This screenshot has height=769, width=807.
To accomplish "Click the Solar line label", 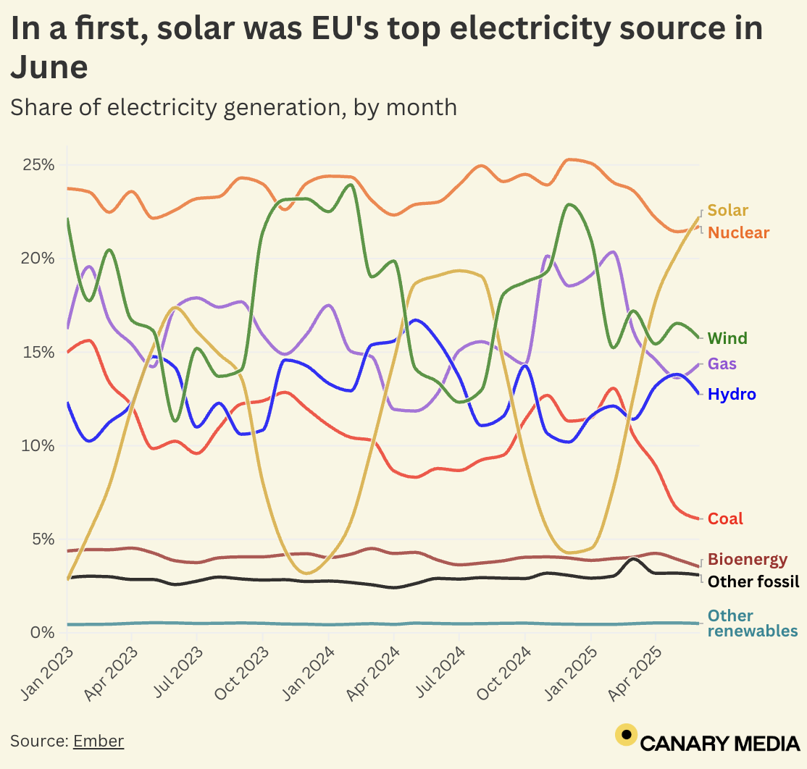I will point(727,211).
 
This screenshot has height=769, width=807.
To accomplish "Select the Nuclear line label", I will point(738,232).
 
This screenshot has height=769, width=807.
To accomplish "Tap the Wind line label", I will point(727,338).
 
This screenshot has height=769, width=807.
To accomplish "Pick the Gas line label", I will point(723,364).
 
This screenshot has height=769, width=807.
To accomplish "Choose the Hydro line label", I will point(732,395).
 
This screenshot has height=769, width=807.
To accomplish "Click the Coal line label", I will point(725,518).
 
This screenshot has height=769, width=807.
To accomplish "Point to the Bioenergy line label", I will point(747,560).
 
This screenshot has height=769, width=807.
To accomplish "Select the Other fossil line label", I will point(753,581).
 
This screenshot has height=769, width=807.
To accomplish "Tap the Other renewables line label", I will point(752,623).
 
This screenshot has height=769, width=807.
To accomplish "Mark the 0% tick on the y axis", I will point(43,633).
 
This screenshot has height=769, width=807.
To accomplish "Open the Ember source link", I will point(99,741).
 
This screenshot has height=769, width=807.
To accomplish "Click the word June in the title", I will point(49,67).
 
